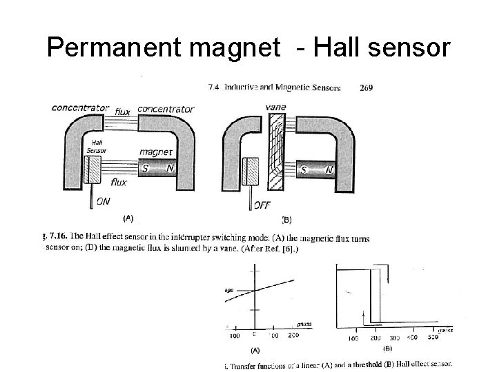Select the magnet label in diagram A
pyautogui.click(x=156, y=152)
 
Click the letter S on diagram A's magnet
pyautogui.click(x=145, y=168)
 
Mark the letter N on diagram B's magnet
pyautogui.click(x=330, y=169)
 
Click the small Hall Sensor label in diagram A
pyautogui.click(x=94, y=146)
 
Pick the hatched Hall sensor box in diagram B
pyautogui.click(x=251, y=170)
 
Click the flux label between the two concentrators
pyautogui.click(x=123, y=112)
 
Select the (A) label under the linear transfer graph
pyautogui.click(x=255, y=350)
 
